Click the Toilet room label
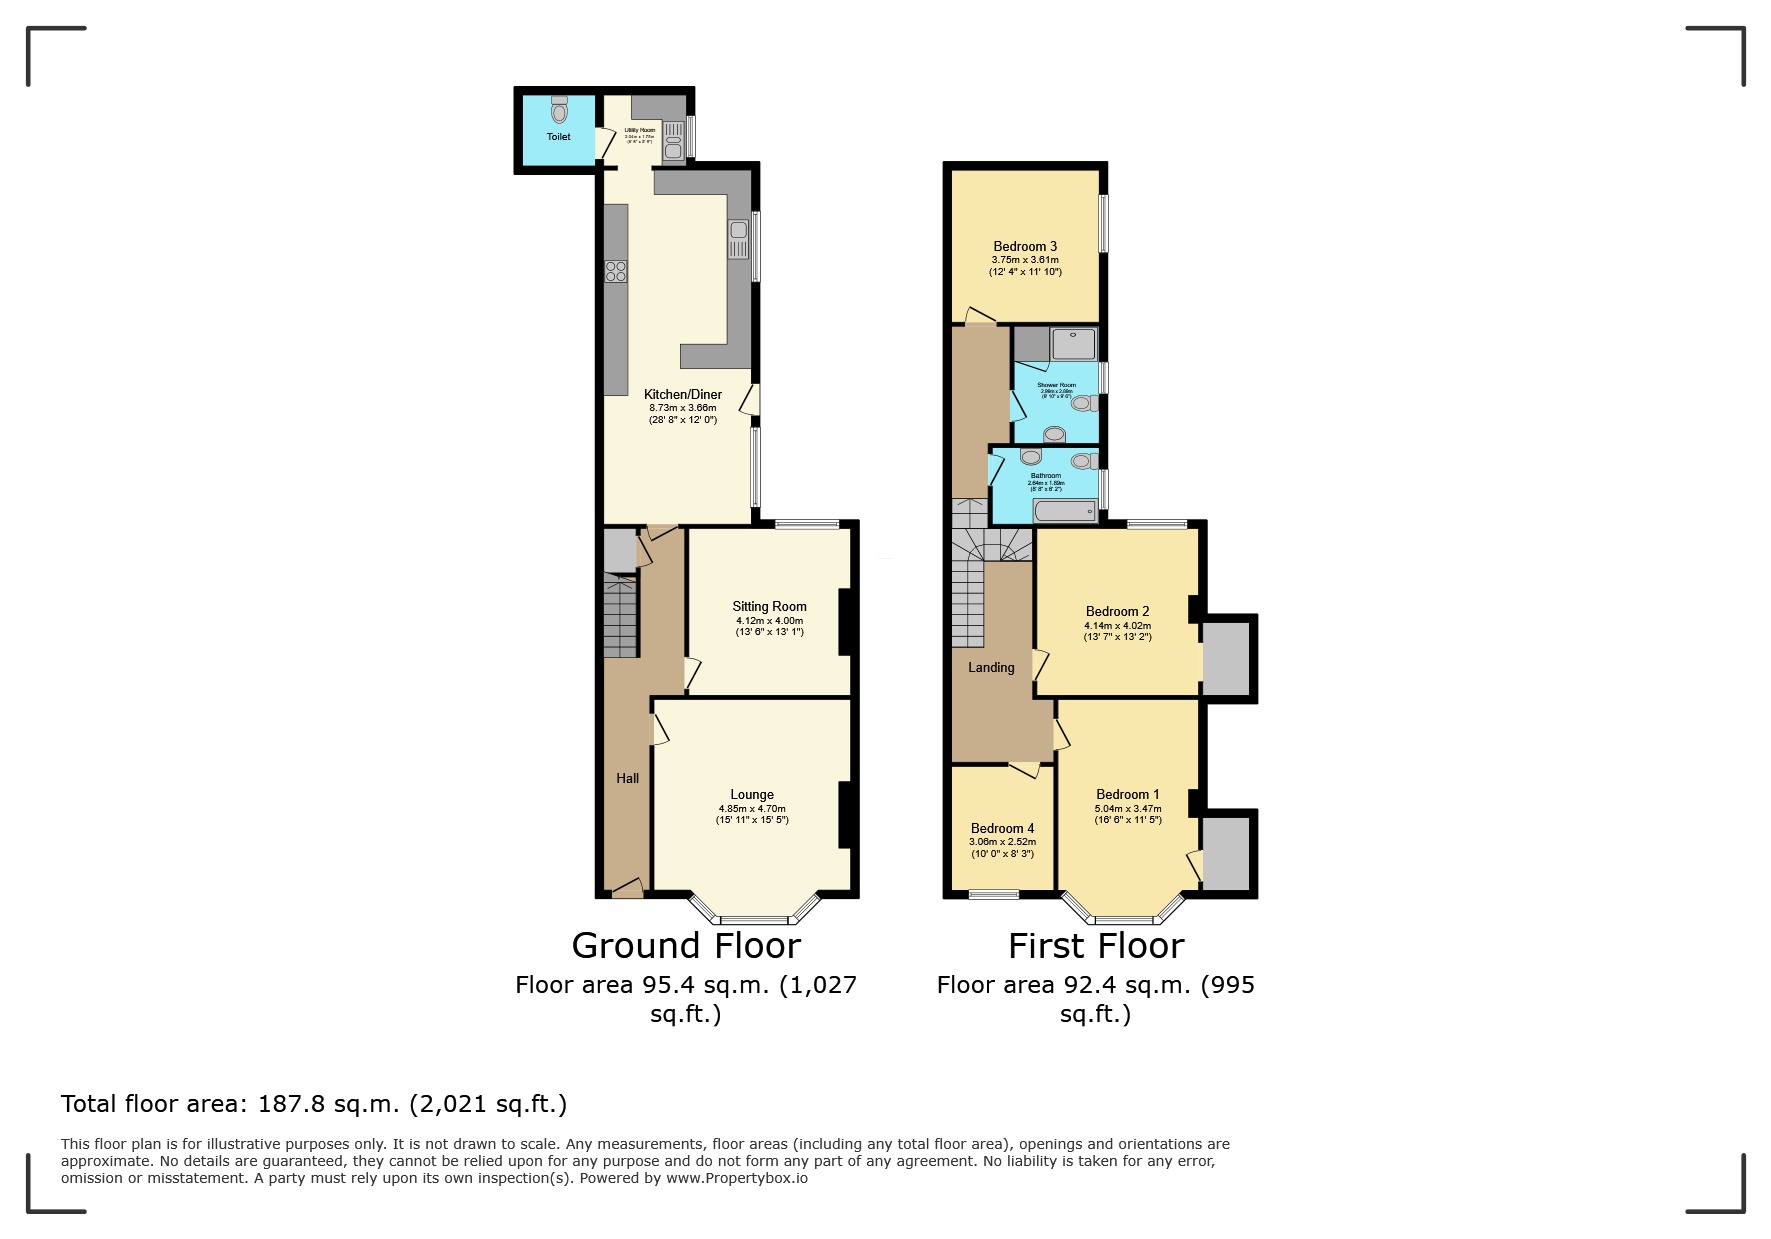coord(558,137)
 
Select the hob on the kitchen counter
coord(616,271)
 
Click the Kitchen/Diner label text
coord(682,394)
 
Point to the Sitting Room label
coord(769,606)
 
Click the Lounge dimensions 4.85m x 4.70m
coord(752,808)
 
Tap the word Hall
coord(627,778)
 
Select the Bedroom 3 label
coord(1025,246)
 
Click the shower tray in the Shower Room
coord(1073,344)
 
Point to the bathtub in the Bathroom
coord(1065,512)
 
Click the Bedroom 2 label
coord(1117,611)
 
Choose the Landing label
coord(991,667)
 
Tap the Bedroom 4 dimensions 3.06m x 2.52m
coord(1002,842)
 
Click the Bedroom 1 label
coord(1128,794)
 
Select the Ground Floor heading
coord(686,945)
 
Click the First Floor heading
coord(1096,945)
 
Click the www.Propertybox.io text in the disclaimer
coord(737,1178)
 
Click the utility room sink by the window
coord(674,139)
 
